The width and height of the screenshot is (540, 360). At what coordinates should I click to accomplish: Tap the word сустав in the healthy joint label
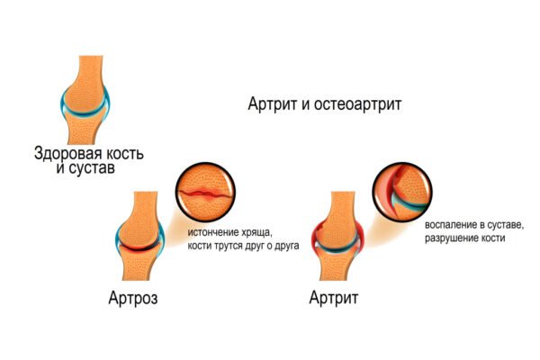pos(92,168)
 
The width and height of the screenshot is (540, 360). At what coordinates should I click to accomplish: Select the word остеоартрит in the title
pos(357,104)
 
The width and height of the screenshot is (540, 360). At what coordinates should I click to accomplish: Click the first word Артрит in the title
pos(273,104)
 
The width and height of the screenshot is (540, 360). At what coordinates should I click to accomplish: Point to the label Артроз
pos(133,298)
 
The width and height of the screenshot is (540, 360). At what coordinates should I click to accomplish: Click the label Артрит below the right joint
pos(333,298)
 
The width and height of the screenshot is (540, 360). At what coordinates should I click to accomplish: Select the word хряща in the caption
pos(256,233)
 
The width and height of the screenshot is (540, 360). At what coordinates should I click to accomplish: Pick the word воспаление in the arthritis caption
pos(447,225)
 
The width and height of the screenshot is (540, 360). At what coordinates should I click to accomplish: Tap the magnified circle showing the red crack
pos(206,193)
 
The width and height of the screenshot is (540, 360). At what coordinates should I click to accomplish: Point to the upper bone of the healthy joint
pos(85,86)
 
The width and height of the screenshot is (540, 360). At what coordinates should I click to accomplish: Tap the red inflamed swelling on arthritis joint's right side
pos(361,238)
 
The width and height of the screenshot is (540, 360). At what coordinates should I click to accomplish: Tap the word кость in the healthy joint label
pos(124,154)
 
